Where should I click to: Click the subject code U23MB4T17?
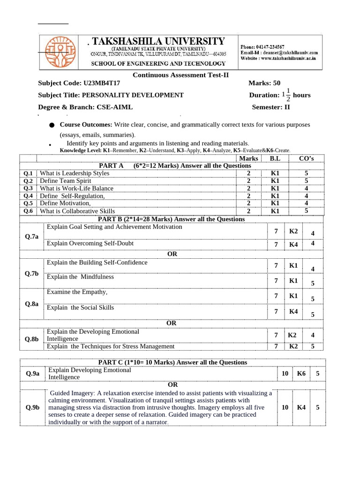click(101, 83)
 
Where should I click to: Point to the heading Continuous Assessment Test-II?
click(180, 75)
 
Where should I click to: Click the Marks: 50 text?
click(264, 83)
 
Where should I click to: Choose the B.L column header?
click(275, 158)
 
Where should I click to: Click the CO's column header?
click(306, 158)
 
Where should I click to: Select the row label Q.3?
click(29, 188)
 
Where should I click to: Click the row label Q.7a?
click(32, 237)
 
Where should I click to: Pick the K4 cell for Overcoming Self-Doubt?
click(293, 244)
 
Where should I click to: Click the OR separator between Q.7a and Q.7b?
click(172, 254)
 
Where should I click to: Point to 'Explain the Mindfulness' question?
click(80, 277)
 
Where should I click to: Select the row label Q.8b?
click(32, 339)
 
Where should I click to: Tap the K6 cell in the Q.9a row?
click(301, 374)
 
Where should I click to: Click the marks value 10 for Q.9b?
click(285, 407)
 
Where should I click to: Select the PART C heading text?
click(172, 362)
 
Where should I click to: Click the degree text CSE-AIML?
click(115, 107)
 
